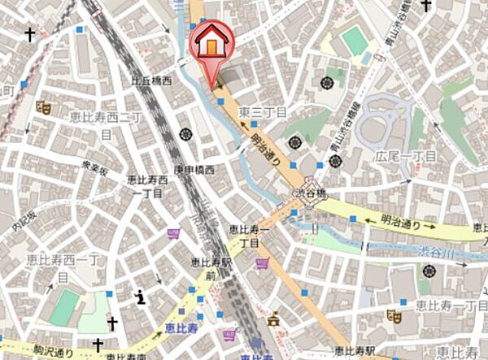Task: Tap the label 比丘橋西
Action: [151, 81]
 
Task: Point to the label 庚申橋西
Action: [194, 170]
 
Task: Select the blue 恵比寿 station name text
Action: [178, 328]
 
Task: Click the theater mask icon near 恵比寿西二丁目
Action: [44, 106]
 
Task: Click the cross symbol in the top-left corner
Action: [30, 35]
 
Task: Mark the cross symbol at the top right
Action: [426, 5]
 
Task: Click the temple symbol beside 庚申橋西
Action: [182, 134]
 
